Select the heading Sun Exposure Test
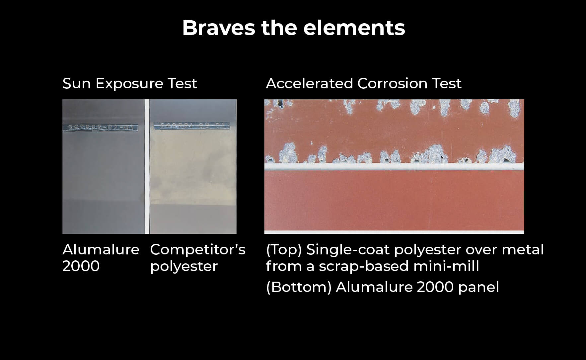[x=130, y=83]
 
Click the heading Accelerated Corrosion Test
[x=363, y=83]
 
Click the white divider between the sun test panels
[x=147, y=166]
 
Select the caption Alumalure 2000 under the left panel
[x=101, y=258]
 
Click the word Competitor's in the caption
[x=197, y=250]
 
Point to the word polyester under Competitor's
[x=184, y=266]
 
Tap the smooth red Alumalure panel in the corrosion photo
[x=394, y=199]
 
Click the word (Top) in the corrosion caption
[x=284, y=250]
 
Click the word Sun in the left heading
[x=77, y=83]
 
